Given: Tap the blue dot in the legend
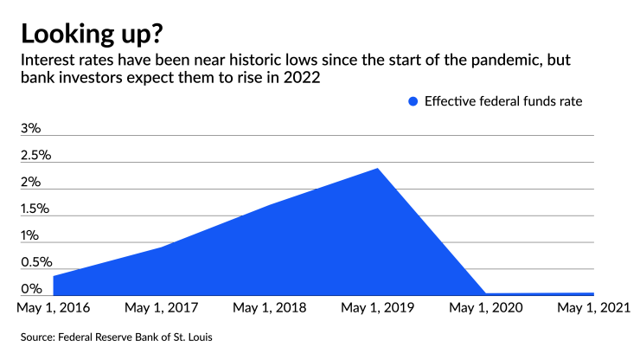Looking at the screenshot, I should [x=413, y=101].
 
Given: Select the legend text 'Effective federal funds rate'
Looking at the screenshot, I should [x=502, y=101].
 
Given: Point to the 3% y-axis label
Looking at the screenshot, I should [x=31, y=128].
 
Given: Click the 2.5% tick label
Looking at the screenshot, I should [x=36, y=155].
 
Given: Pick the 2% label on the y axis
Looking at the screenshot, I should [x=31, y=182].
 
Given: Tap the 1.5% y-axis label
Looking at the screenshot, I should [x=36, y=209].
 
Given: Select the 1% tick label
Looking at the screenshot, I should [x=30, y=235].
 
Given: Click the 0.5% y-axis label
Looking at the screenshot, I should [x=36, y=262].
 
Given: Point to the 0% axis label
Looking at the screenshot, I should [x=31, y=289].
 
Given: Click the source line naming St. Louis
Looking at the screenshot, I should [x=116, y=336].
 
